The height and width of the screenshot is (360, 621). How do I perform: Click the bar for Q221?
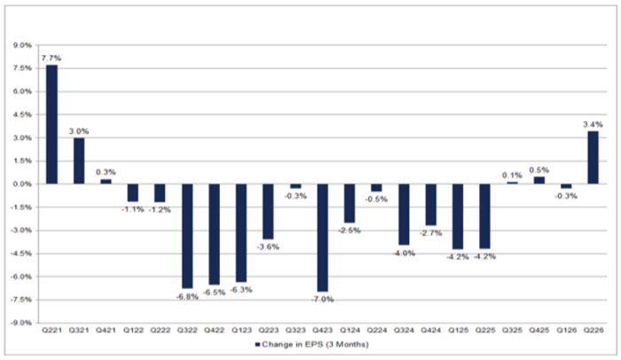pos(51,124)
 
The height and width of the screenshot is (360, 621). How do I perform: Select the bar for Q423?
pos(323,238)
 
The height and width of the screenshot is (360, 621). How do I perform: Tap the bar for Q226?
pos(593,158)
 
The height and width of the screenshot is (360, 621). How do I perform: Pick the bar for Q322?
pos(187,236)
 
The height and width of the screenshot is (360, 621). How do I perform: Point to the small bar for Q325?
pos(512,183)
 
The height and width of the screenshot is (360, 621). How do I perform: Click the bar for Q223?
pos(268,212)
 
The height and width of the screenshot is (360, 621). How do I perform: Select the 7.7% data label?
pos(51,59)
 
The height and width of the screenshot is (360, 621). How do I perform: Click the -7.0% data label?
pos(322,300)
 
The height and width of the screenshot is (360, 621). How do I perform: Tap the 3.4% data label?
pos(593,124)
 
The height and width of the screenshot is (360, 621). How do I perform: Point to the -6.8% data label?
pos(187,296)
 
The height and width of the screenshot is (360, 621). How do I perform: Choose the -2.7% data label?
pos(431,233)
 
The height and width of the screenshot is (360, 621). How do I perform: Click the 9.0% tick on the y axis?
pos(22,45)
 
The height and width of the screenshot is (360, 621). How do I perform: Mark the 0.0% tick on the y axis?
pos(22,184)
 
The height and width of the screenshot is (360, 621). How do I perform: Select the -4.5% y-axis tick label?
pos(21,254)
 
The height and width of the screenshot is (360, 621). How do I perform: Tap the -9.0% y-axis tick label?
pos(21,323)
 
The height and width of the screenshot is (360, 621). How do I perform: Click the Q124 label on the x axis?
pos(350,331)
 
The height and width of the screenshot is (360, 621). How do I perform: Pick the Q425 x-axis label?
pos(539,331)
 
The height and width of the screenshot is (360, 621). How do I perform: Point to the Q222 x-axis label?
pos(160,331)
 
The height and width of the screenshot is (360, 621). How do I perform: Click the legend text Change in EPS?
pos(293,345)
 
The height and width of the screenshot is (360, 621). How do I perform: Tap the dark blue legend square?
pos(257,345)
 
